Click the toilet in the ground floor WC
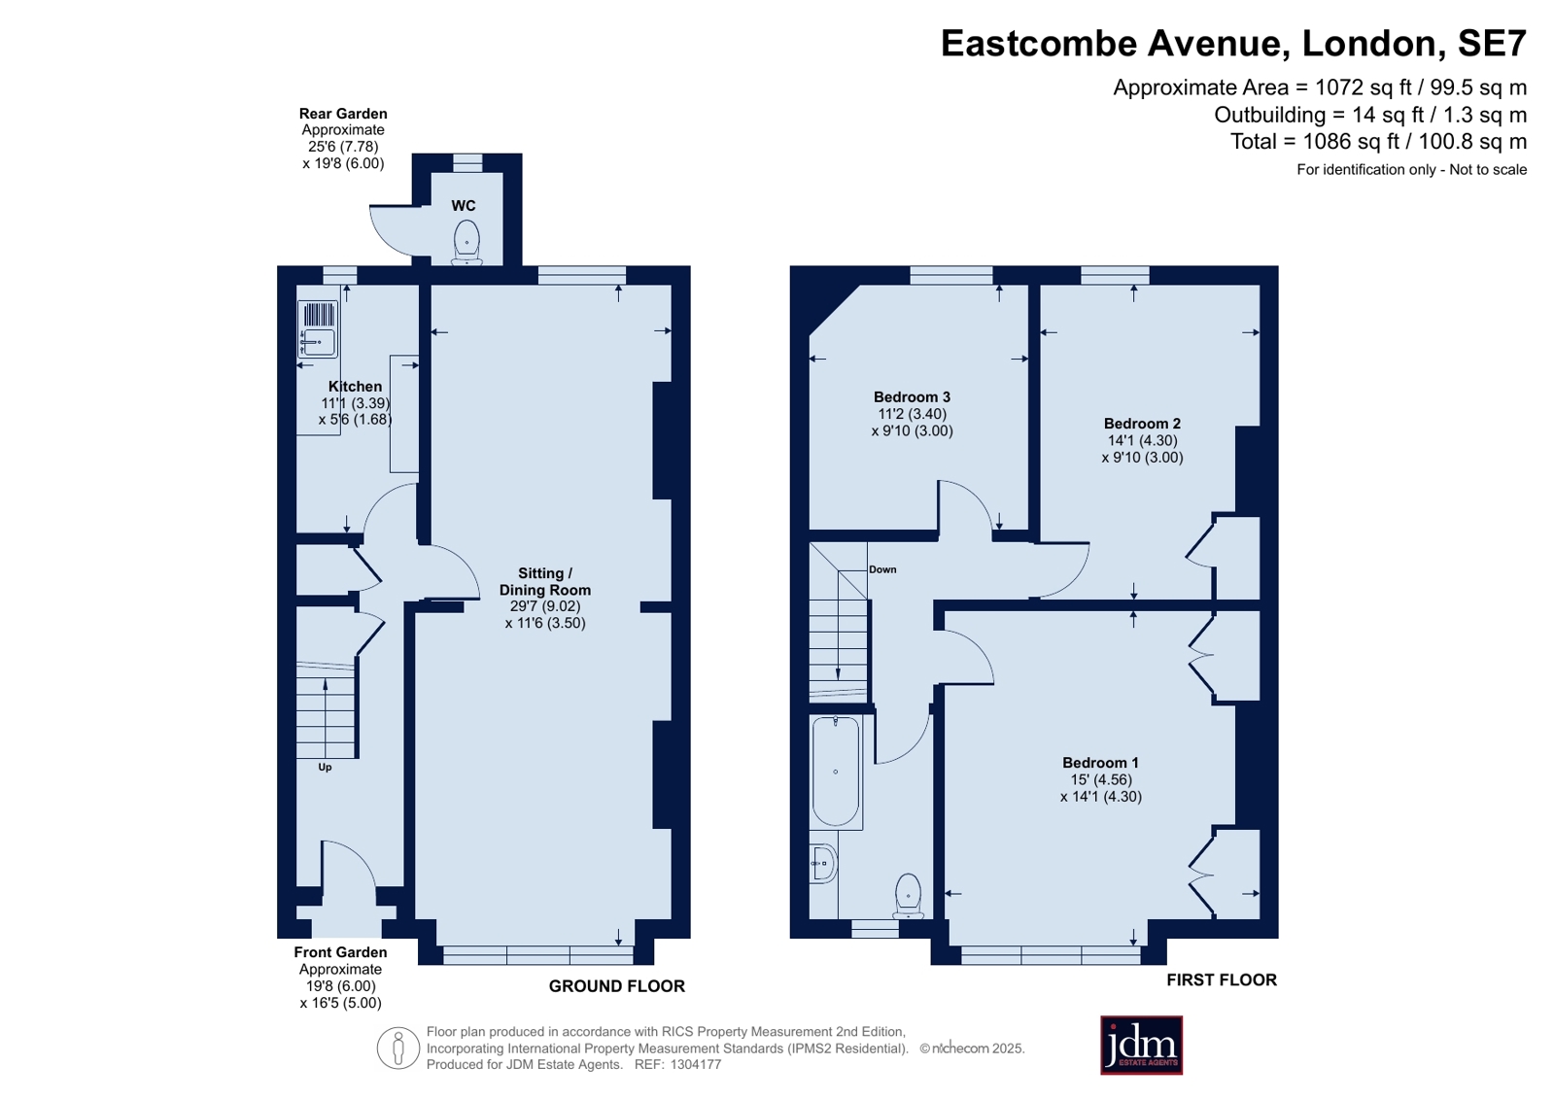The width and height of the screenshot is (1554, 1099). tap(466, 243)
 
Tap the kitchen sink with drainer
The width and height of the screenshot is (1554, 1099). tap(318, 328)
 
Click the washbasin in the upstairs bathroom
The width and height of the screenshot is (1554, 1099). tap(823, 863)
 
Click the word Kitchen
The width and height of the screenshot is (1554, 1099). tap(355, 387)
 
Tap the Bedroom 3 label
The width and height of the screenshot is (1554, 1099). tap(912, 396)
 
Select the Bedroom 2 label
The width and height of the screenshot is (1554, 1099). tap(1142, 424)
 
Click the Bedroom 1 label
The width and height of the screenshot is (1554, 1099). tap(1100, 763)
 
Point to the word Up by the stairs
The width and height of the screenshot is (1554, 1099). tap(325, 768)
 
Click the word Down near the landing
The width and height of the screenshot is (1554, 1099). tap(882, 569)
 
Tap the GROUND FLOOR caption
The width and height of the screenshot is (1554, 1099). tap(617, 986)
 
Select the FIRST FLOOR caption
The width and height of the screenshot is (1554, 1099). tap(1222, 979)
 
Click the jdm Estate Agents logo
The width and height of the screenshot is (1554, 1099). tap(1141, 1045)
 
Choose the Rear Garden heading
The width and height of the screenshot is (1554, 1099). tap(343, 114)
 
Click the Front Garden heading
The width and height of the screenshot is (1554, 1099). tap(340, 952)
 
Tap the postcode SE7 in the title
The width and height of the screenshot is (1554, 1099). tap(1492, 43)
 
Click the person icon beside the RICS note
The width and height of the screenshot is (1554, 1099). tap(398, 1047)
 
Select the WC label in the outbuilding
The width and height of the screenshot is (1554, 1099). tap(464, 205)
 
